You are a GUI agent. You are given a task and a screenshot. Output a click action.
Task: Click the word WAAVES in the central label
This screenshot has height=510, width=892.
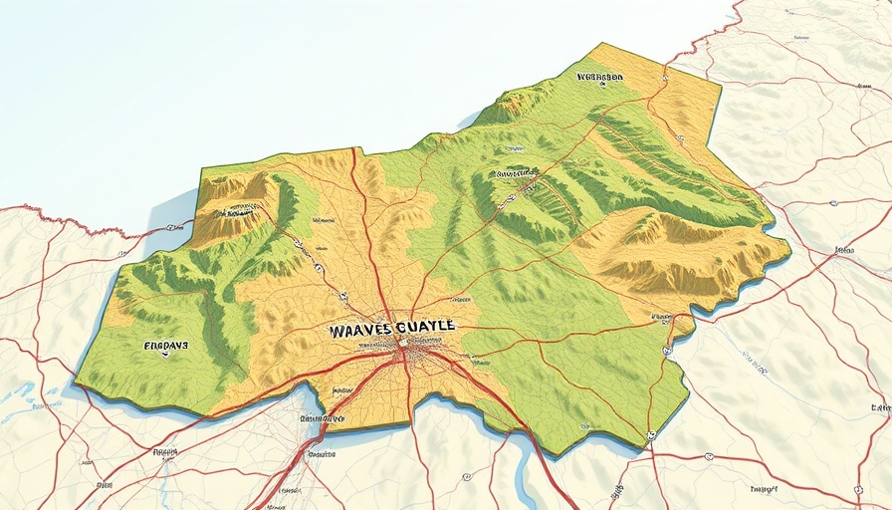coord(360,328)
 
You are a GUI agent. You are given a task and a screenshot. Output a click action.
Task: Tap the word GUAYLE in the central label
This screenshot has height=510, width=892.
coord(425,326)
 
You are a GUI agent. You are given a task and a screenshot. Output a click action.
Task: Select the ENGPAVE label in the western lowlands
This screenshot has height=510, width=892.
coord(165,348)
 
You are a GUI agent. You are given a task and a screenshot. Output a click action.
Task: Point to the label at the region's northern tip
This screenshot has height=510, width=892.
coord(599,76)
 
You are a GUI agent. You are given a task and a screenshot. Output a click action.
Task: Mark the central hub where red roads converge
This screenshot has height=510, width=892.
coord(405,349)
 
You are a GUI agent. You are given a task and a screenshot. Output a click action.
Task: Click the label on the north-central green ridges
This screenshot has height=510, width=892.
coord(516,173)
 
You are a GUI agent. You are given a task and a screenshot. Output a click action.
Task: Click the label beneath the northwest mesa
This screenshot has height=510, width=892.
coord(239,210)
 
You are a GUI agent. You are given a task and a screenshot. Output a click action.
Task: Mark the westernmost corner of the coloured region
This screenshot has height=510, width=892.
coord(78,378)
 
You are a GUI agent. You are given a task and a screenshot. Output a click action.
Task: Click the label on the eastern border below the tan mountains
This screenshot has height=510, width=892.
coord(659,319)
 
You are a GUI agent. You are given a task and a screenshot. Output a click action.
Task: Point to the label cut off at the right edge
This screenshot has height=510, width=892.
coord(880,407)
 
